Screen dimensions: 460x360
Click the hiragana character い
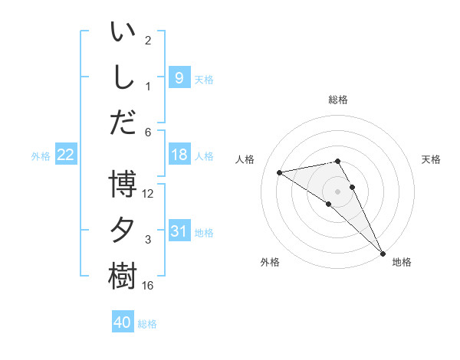(x=123, y=33)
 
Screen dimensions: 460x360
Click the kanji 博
(x=123, y=185)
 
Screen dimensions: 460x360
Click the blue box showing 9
(x=179, y=77)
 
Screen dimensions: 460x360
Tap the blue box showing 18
(x=179, y=155)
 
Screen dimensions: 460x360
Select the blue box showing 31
(x=179, y=231)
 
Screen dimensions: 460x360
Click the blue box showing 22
(x=66, y=155)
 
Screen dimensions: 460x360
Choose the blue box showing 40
(x=123, y=322)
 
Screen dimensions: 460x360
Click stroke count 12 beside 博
(x=148, y=194)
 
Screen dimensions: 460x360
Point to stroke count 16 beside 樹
(x=148, y=286)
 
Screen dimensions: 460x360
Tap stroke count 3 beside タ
(x=148, y=240)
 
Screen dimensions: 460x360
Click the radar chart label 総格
(x=338, y=100)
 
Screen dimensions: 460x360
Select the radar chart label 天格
(x=431, y=159)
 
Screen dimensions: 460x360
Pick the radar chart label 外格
(x=270, y=262)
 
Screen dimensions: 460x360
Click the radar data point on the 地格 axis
(x=383, y=253)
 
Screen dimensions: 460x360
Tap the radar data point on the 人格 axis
(x=280, y=172)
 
